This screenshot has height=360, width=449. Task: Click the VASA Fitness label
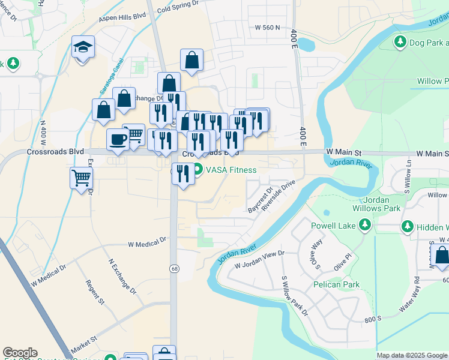click(231, 170)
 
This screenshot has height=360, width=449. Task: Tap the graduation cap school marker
click(83, 47)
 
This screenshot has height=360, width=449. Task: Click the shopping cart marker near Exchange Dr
click(81, 178)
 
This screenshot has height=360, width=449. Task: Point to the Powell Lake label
click(333, 226)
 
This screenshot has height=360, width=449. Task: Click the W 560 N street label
click(268, 28)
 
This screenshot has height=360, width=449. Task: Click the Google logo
click(20, 353)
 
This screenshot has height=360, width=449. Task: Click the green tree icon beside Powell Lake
click(364, 225)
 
